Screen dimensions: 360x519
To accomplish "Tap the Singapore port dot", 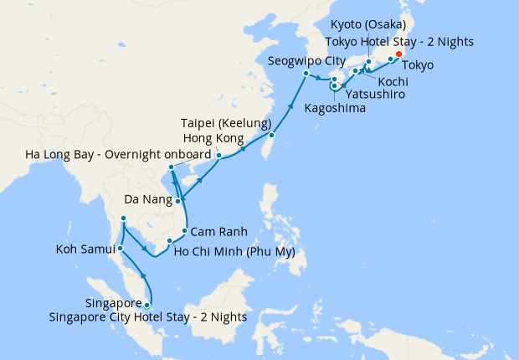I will pos(148,305).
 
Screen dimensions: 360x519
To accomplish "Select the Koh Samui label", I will pos(85,249).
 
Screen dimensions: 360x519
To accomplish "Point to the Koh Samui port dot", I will pos(121,248).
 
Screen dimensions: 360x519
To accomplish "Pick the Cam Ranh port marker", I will pos(184,229).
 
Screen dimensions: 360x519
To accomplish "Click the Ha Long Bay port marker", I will pos(171,167).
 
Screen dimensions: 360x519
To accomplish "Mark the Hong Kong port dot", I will pos(218,155).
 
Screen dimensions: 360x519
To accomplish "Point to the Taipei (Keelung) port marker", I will pos(272,135).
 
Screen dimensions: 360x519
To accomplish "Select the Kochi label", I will pos(393,81).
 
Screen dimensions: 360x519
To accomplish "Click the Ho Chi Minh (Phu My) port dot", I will pos(169,242).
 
